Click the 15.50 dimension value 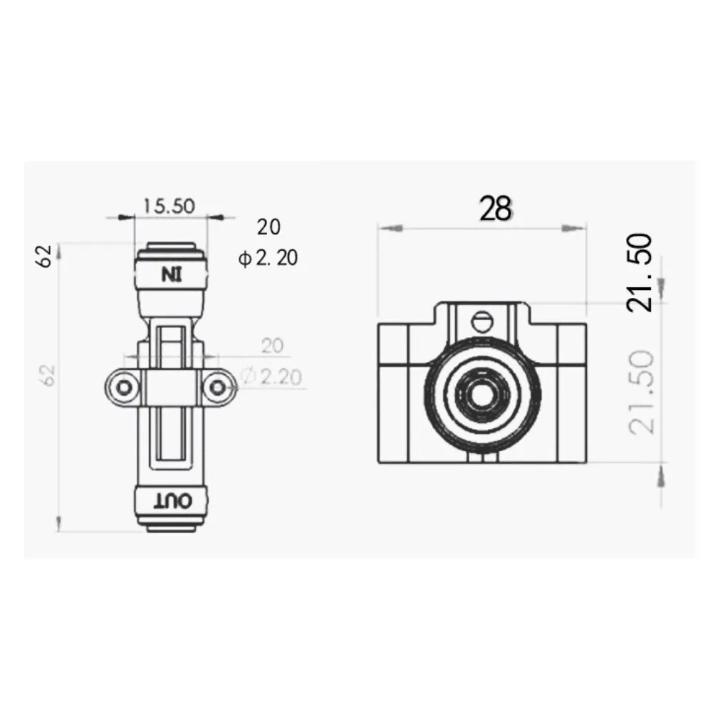click(x=169, y=206)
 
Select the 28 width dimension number click(x=495, y=209)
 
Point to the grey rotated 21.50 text click(x=640, y=391)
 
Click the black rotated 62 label click(x=46, y=256)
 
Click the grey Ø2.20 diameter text click(x=271, y=376)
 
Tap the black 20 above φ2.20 click(x=269, y=227)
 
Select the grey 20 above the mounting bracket click(x=271, y=346)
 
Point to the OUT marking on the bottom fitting click(x=171, y=501)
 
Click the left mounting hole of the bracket click(x=125, y=387)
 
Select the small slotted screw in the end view click(x=482, y=321)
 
